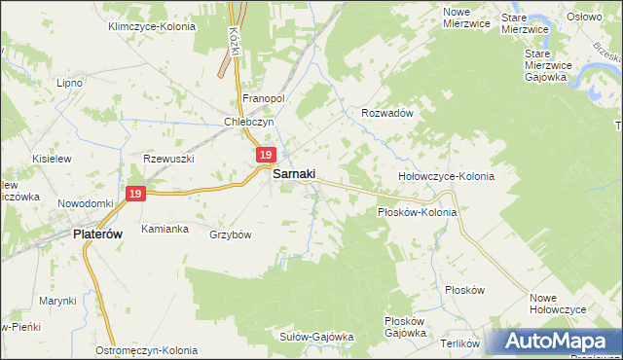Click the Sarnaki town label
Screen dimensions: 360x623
[x=299, y=174]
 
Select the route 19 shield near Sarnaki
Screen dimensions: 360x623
[x=267, y=156]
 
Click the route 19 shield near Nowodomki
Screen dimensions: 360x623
[x=135, y=195]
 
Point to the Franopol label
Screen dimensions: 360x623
[x=262, y=99]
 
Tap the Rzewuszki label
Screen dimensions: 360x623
[x=169, y=159]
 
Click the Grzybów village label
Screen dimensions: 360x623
[x=231, y=234]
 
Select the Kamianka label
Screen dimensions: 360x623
[x=164, y=229]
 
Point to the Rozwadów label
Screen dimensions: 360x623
[x=388, y=113]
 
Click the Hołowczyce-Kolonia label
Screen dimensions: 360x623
[x=446, y=177]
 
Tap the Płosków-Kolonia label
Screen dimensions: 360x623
[x=417, y=211]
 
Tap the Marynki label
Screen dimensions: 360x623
[x=57, y=301]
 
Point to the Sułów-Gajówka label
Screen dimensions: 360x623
[x=316, y=337]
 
